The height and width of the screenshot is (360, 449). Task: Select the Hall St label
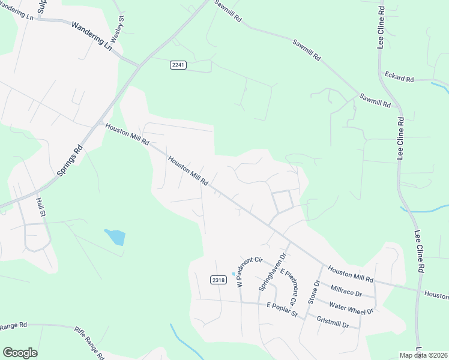tap(41, 206)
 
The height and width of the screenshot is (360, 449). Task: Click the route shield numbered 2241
tap(178, 65)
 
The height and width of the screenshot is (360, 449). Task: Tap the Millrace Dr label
tap(342, 290)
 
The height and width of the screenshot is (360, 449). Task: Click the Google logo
tap(20, 353)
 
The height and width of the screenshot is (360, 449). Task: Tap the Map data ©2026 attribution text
tap(424, 355)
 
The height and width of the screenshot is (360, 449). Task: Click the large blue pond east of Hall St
tap(115, 237)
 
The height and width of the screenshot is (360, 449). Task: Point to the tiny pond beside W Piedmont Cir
tap(234, 274)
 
